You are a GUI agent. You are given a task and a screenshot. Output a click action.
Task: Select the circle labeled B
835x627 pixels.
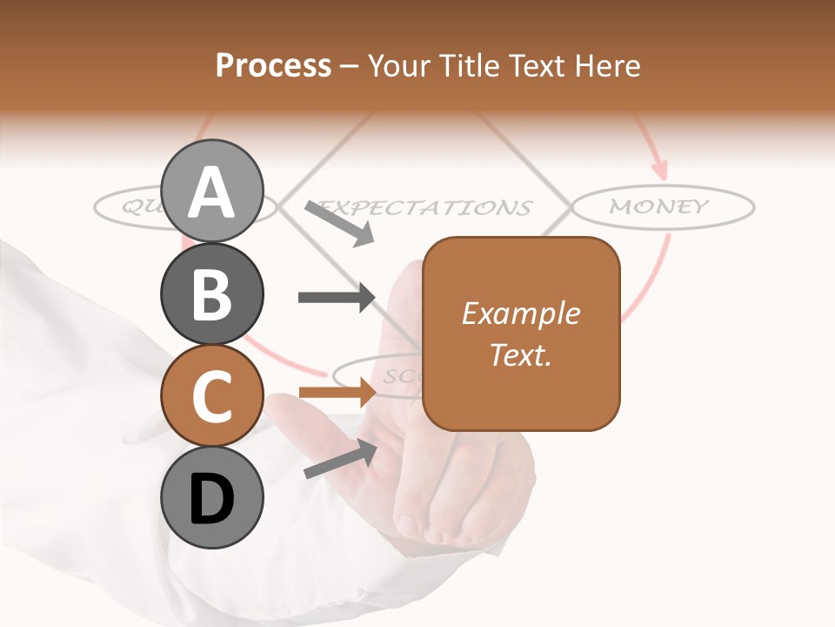coord(212,294)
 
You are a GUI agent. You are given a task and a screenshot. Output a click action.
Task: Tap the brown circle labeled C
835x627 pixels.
coord(212,396)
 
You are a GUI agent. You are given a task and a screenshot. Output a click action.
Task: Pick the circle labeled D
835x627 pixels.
coord(212,498)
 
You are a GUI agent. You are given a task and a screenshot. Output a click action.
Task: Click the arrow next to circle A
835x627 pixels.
coord(339,223)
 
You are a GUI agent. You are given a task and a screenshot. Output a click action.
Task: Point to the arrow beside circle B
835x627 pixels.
coord(336,297)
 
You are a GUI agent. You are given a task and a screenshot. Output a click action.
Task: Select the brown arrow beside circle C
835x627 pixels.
coord(336,393)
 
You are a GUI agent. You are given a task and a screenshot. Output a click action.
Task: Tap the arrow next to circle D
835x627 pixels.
coord(339,459)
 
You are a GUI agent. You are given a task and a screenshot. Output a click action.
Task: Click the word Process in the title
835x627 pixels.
coord(273,65)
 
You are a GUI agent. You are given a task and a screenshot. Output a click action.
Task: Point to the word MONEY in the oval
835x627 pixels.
coord(659,207)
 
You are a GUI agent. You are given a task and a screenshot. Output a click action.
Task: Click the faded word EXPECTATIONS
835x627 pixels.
coord(426,208)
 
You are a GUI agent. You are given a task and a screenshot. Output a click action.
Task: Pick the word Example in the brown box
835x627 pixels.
coord(520,313)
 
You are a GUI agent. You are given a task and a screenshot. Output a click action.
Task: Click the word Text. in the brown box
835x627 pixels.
coord(520,355)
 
